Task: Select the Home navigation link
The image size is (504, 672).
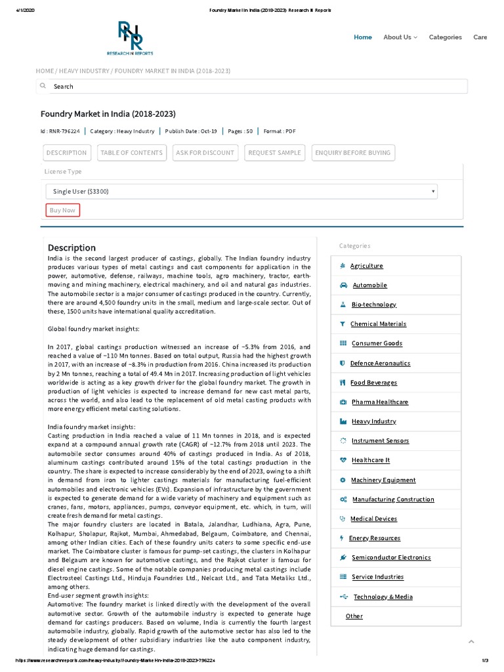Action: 362,37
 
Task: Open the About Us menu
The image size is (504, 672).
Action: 400,37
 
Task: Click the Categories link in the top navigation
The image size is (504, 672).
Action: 445,37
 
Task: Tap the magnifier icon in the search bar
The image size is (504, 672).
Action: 43,86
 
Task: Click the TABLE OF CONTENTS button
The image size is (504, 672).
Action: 131,153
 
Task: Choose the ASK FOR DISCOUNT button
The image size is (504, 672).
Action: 205,153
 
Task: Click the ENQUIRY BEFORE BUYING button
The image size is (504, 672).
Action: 353,153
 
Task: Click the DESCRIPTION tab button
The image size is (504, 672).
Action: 66,153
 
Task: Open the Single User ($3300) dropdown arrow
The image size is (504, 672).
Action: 433,191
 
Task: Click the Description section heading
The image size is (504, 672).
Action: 72,247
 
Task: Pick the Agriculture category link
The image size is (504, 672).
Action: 366,266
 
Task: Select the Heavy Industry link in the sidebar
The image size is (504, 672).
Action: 373,421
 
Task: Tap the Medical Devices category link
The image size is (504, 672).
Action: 373,518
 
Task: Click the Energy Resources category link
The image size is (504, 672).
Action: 374,538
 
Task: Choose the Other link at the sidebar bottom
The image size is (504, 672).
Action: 354,616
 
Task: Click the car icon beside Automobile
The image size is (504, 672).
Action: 343,285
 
